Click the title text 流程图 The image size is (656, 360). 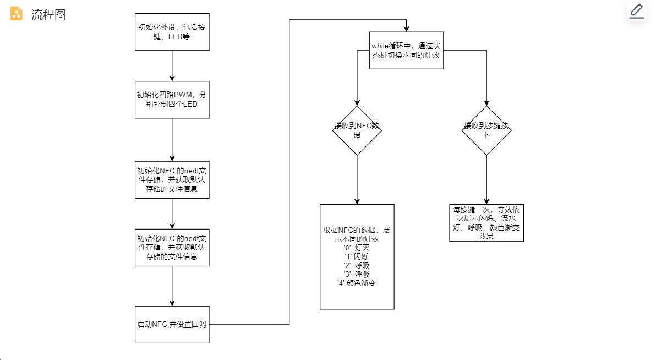coord(48,15)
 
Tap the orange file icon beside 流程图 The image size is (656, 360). coord(17,14)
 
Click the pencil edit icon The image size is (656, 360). coord(637,11)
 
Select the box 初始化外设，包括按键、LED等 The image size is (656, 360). coord(172,32)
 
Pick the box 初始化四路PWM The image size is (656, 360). coord(172,100)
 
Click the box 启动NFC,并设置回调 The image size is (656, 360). coord(172,324)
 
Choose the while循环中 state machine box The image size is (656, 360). coord(406,50)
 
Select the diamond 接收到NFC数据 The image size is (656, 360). coord(357,130)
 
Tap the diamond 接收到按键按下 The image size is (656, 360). coord(486,130)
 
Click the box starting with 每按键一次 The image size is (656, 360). coord(486,223)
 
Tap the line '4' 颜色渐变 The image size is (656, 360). coord(357,283)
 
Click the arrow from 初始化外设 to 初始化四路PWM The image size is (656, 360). coord(172,66)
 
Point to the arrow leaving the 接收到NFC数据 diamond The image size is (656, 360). coord(357,179)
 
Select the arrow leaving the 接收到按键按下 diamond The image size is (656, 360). coord(486,179)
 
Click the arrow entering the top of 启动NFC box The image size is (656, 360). coord(172,286)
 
